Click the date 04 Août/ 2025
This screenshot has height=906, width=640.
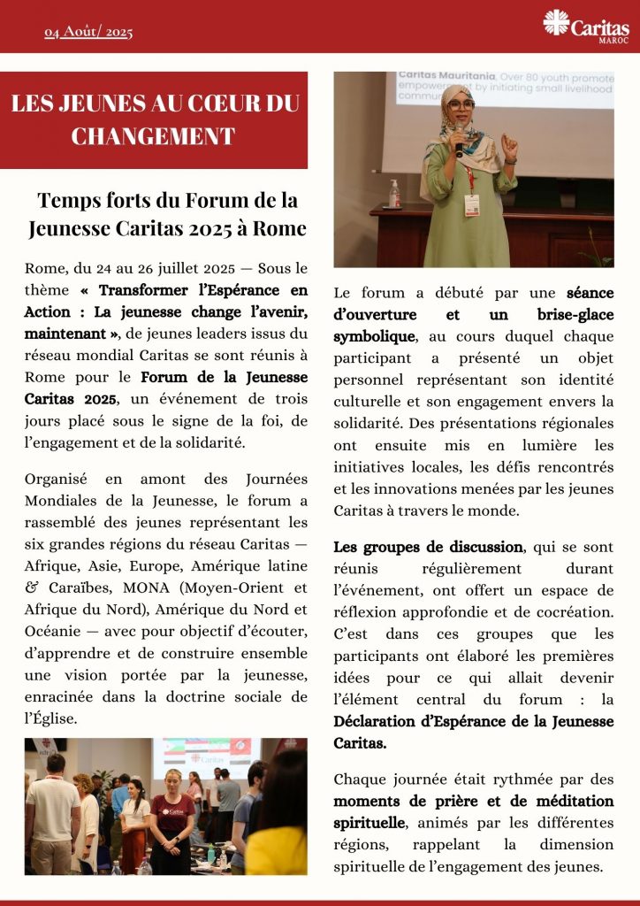(88, 33)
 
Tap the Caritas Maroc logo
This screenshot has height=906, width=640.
(586, 26)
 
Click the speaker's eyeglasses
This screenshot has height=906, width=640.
(461, 105)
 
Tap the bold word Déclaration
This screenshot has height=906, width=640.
(377, 720)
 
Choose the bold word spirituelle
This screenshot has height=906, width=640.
(370, 823)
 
